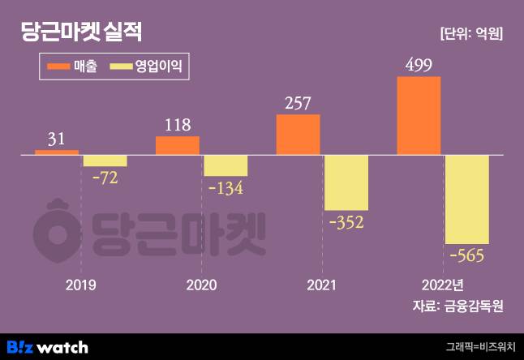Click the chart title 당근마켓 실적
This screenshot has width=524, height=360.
point(81,32)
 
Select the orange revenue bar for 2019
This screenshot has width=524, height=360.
point(57,152)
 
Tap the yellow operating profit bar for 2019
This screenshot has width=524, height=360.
point(105,161)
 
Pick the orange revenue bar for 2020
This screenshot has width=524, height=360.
point(177,145)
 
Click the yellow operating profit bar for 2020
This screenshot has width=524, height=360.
point(225,165)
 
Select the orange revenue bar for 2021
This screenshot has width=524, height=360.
point(299,134)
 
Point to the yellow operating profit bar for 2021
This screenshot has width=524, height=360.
point(346,182)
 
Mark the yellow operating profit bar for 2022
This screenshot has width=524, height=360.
point(466,199)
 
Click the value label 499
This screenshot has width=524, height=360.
point(419,65)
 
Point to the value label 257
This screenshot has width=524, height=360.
point(299,103)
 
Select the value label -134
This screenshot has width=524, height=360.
point(225,188)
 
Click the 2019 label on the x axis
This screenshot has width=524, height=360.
point(80,285)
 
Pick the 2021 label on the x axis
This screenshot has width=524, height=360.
point(322,285)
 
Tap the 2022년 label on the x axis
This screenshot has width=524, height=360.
point(442,285)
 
